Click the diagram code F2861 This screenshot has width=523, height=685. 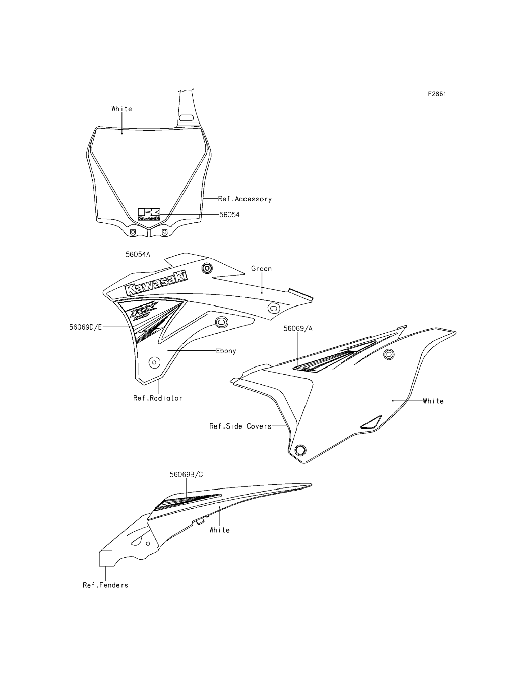(x=437, y=94)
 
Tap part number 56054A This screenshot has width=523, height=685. (x=138, y=255)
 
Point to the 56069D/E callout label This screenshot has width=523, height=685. (x=85, y=327)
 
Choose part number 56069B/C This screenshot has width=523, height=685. (x=186, y=475)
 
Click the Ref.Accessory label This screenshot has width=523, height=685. (x=245, y=199)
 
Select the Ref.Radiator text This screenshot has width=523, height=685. (x=158, y=398)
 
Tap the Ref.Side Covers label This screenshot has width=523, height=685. (x=240, y=426)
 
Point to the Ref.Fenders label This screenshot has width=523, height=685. (x=106, y=585)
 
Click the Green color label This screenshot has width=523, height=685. (x=261, y=269)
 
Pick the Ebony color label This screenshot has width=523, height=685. (x=226, y=351)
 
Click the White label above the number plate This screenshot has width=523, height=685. (x=122, y=109)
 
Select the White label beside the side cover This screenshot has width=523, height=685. (x=433, y=401)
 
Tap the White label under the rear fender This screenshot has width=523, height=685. (x=220, y=530)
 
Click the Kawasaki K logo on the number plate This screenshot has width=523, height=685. (x=149, y=214)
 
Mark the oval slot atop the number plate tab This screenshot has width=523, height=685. (x=186, y=118)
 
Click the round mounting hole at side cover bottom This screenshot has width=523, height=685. (x=300, y=450)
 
